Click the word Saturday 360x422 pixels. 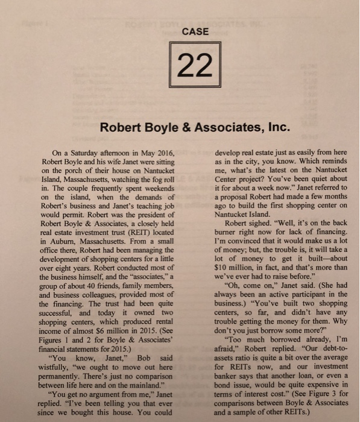click(83, 155)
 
